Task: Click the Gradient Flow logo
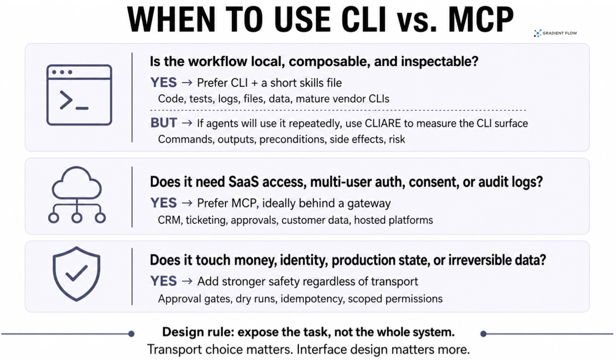555,33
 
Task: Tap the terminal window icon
79,95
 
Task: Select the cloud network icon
77,195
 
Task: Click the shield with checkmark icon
77,274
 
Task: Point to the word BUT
164,123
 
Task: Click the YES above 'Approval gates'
164,281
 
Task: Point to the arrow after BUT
187,123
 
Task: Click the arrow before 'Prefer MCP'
187,203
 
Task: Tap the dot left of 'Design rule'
132,334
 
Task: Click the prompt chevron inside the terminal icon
66,100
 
